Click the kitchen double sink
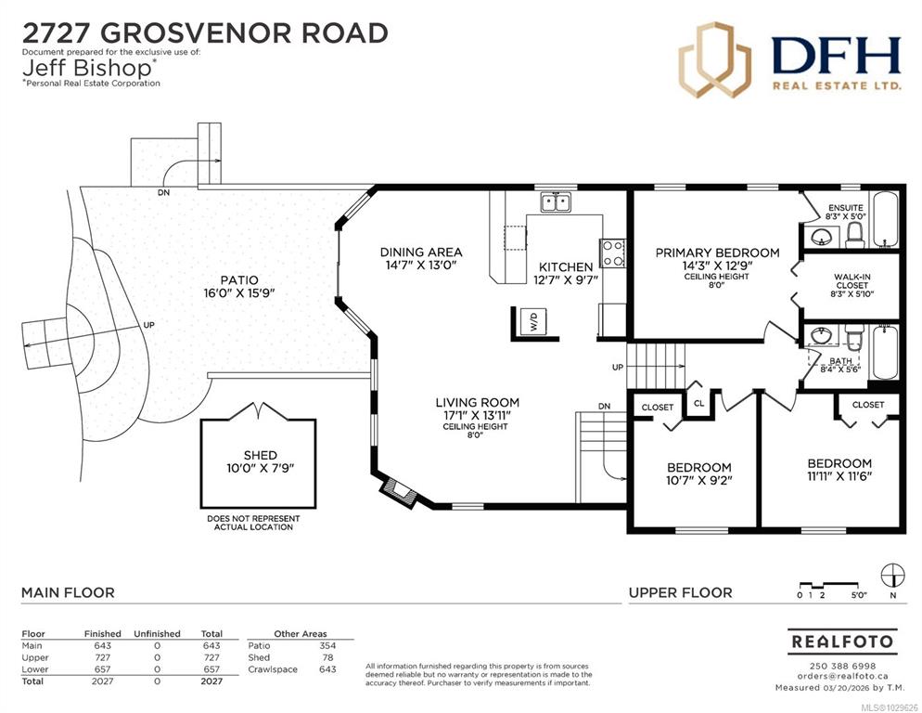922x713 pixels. click(556, 202)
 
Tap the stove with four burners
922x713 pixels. click(612, 253)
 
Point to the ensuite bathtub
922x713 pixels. click(884, 219)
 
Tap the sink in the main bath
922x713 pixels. click(822, 336)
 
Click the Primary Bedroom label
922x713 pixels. click(717, 253)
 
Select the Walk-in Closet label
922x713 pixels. click(852, 281)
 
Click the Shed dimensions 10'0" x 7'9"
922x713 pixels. click(260, 469)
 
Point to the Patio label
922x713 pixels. click(239, 280)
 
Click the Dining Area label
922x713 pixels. click(421, 252)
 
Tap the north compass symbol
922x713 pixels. click(892, 576)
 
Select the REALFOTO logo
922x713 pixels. click(842, 642)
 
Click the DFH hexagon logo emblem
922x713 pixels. click(715, 59)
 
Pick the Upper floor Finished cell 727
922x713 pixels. click(102, 657)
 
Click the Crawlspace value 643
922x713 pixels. click(327, 669)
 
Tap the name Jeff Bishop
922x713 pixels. click(87, 69)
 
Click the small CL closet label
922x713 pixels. click(699, 403)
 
